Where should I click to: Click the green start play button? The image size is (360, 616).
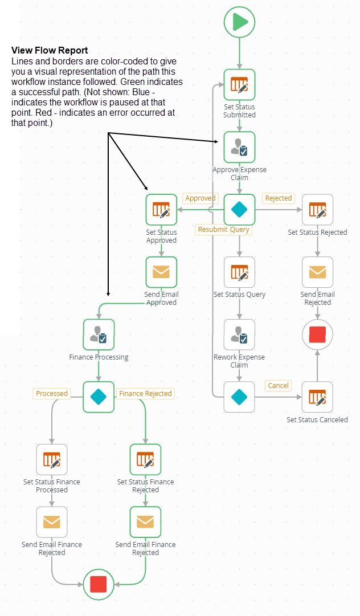(240, 22)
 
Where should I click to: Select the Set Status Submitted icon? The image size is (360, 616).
(240, 85)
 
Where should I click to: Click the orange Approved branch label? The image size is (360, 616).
(201, 198)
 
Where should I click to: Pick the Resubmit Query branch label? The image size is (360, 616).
(224, 230)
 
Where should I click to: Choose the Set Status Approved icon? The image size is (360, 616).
(162, 210)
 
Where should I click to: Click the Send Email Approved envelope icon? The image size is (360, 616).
(162, 272)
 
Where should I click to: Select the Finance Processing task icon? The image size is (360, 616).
(99, 334)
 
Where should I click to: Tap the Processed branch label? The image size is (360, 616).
(52, 393)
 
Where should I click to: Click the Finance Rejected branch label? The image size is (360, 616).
(145, 393)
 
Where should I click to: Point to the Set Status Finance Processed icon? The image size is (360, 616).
(52, 460)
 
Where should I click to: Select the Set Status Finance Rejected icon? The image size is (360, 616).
(145, 460)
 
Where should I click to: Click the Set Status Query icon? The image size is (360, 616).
(240, 272)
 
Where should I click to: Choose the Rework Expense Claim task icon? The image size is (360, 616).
(240, 334)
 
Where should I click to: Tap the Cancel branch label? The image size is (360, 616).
(278, 386)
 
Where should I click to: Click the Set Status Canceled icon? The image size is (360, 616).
(317, 397)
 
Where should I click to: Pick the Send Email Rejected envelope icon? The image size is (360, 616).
(317, 272)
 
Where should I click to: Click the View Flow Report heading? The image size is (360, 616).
(50, 51)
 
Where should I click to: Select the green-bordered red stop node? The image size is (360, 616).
(99, 584)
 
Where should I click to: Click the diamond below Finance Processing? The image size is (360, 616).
(99, 397)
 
